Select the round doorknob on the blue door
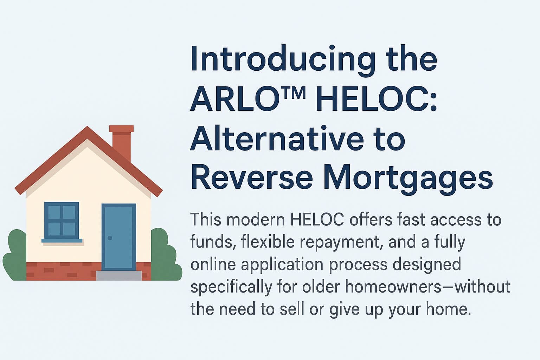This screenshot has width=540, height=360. coord(110,238)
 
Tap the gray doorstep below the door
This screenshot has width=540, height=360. coord(119,275)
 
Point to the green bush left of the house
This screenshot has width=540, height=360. coord(14,257)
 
